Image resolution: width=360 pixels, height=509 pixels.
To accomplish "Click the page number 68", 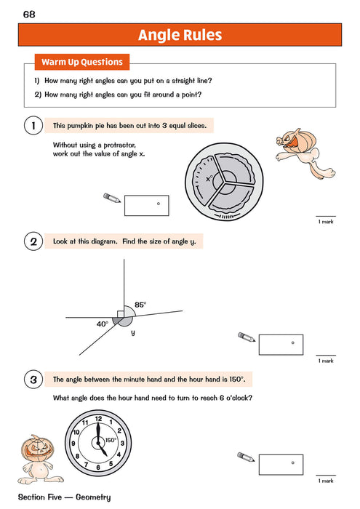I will point(29,14).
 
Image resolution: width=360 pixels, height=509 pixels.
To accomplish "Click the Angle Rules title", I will point(180,35).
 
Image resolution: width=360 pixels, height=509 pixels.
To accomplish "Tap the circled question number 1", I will point(33,127).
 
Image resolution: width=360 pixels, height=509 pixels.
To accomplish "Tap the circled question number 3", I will point(33,380).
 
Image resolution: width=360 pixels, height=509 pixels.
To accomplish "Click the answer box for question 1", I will point(146,206).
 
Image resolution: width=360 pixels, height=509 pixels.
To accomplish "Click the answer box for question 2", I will point(281,344).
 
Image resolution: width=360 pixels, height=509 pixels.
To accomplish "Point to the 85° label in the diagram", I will point(140,305).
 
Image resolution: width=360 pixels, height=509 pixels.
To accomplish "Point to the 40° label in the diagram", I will point(103,324).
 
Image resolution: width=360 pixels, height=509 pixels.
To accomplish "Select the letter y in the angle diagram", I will point(132,332).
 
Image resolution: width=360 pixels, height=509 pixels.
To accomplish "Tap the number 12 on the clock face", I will point(98,418).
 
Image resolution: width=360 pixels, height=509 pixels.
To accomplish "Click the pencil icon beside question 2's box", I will point(247,337).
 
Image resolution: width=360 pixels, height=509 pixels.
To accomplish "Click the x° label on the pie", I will point(209,178).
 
